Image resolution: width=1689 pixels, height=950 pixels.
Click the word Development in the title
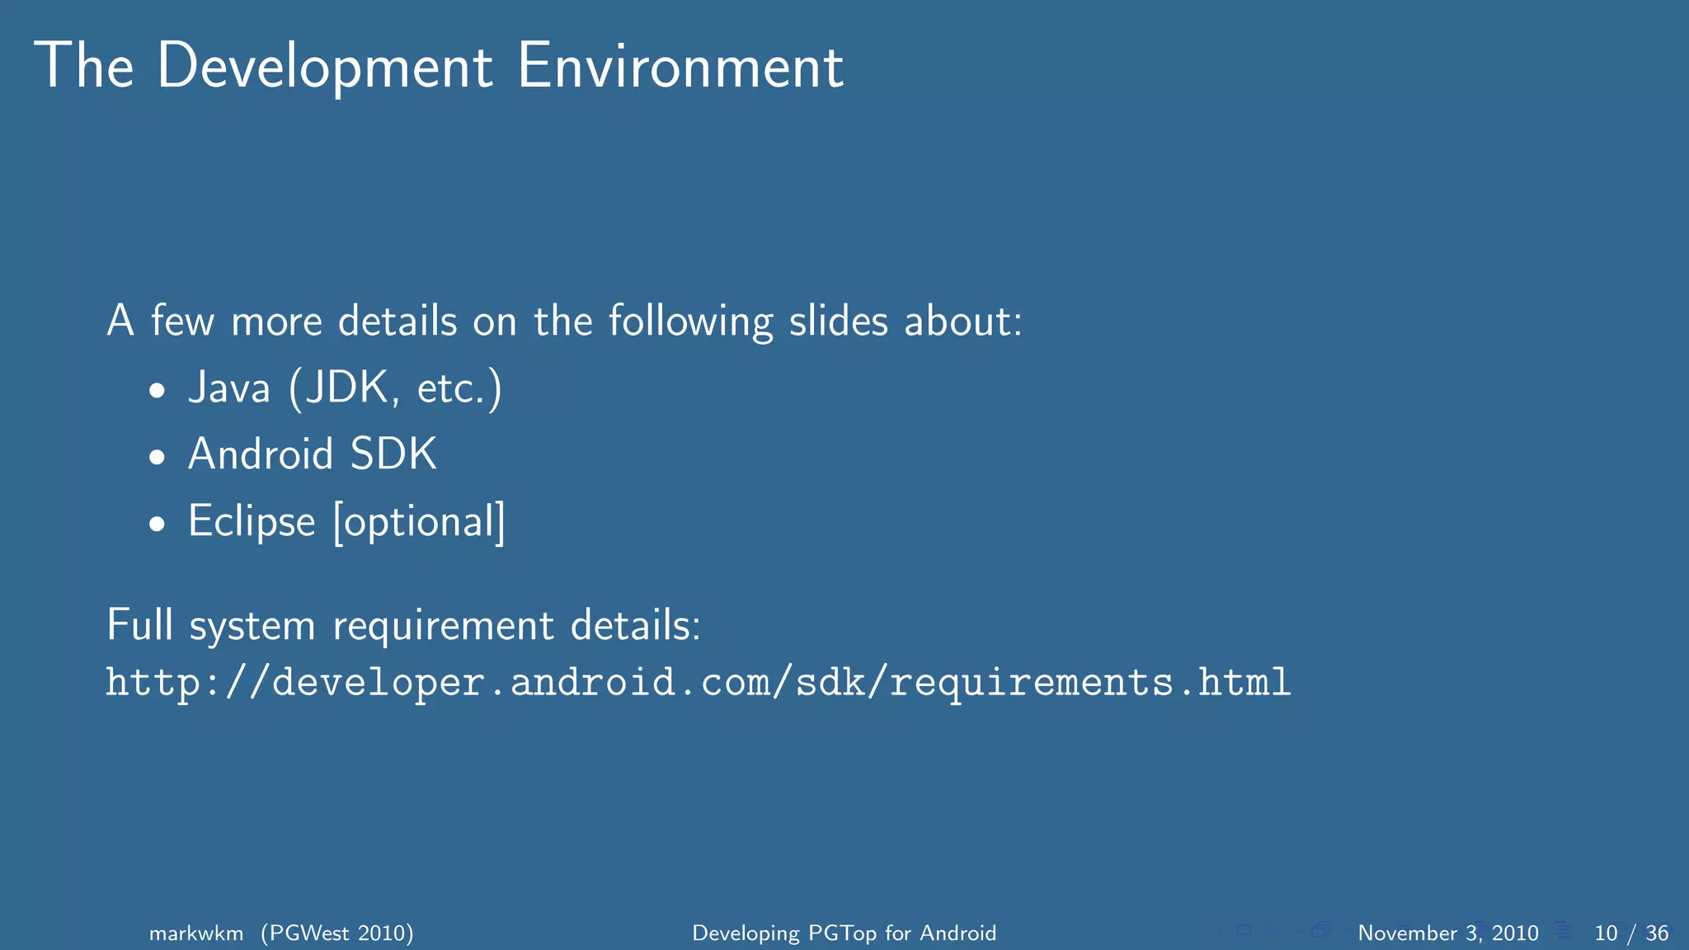click(325, 67)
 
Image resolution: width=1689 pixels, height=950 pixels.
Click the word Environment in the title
click(680, 67)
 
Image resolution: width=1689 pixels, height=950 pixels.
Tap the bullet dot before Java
click(158, 391)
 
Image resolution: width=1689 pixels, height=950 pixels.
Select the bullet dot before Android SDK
click(158, 458)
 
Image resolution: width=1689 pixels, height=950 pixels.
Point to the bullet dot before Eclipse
click(158, 524)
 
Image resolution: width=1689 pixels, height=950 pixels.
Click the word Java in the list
click(229, 388)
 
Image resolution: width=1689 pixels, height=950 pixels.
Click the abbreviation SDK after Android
click(393, 454)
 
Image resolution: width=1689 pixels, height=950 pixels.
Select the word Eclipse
click(252, 522)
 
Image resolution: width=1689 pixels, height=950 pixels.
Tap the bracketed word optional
click(419, 522)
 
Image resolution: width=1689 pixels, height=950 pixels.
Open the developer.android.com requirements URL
click(698, 683)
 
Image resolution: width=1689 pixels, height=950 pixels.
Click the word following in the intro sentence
click(691, 321)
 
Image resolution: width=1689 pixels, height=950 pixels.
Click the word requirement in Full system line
click(443, 626)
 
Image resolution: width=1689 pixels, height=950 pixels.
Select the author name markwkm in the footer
click(196, 934)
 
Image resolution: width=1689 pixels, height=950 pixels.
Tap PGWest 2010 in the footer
click(337, 934)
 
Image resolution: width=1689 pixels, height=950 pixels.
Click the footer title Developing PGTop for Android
click(844, 934)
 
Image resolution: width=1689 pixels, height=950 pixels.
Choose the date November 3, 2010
click(1447, 934)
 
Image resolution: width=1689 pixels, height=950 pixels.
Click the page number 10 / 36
click(1631, 934)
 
